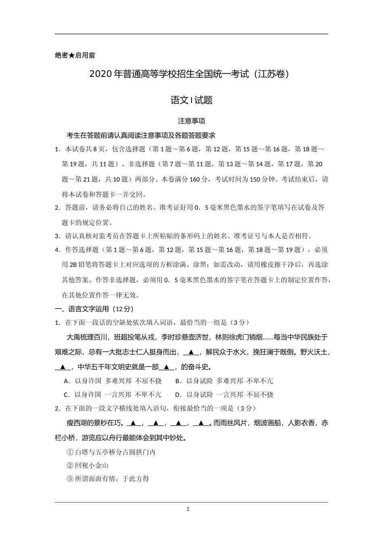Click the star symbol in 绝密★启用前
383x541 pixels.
(x=72, y=56)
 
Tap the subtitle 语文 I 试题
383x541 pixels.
(x=191, y=101)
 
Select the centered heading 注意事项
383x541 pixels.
(x=191, y=121)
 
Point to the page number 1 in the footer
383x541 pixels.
(x=188, y=509)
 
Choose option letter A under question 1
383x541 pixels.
(x=66, y=381)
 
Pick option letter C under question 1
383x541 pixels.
(x=66, y=394)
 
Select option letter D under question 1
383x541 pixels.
(x=178, y=394)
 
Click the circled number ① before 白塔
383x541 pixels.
(x=70, y=452)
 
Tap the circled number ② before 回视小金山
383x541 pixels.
(x=70, y=466)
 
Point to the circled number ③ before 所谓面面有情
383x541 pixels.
(x=70, y=479)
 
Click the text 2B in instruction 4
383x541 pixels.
(x=73, y=265)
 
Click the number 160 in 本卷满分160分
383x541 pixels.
(x=194, y=180)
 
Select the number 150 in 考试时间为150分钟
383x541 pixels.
(x=255, y=180)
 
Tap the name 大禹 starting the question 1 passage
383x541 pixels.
(x=73, y=337)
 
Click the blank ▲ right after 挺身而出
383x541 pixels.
(x=191, y=352)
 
